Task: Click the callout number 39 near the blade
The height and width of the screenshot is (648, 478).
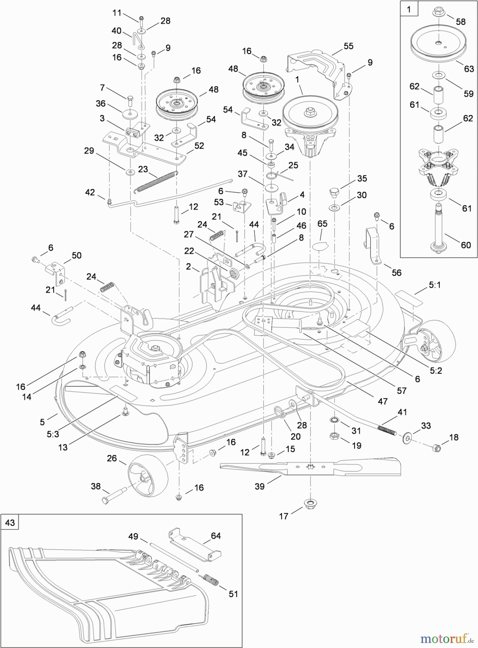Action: [259, 486]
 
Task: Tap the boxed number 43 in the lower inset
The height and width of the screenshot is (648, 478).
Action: [10, 522]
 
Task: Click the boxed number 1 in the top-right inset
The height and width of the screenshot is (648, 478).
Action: [409, 9]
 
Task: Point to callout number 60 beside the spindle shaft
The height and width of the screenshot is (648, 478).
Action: [465, 245]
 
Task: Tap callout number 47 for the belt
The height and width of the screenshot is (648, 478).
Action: [382, 401]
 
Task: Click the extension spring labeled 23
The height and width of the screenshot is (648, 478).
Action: [155, 181]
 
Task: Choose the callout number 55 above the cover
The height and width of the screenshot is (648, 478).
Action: [348, 46]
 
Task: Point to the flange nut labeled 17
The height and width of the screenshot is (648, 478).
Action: [309, 503]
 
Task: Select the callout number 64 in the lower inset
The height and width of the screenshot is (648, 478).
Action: [215, 536]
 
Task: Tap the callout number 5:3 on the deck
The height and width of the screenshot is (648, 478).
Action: [53, 434]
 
